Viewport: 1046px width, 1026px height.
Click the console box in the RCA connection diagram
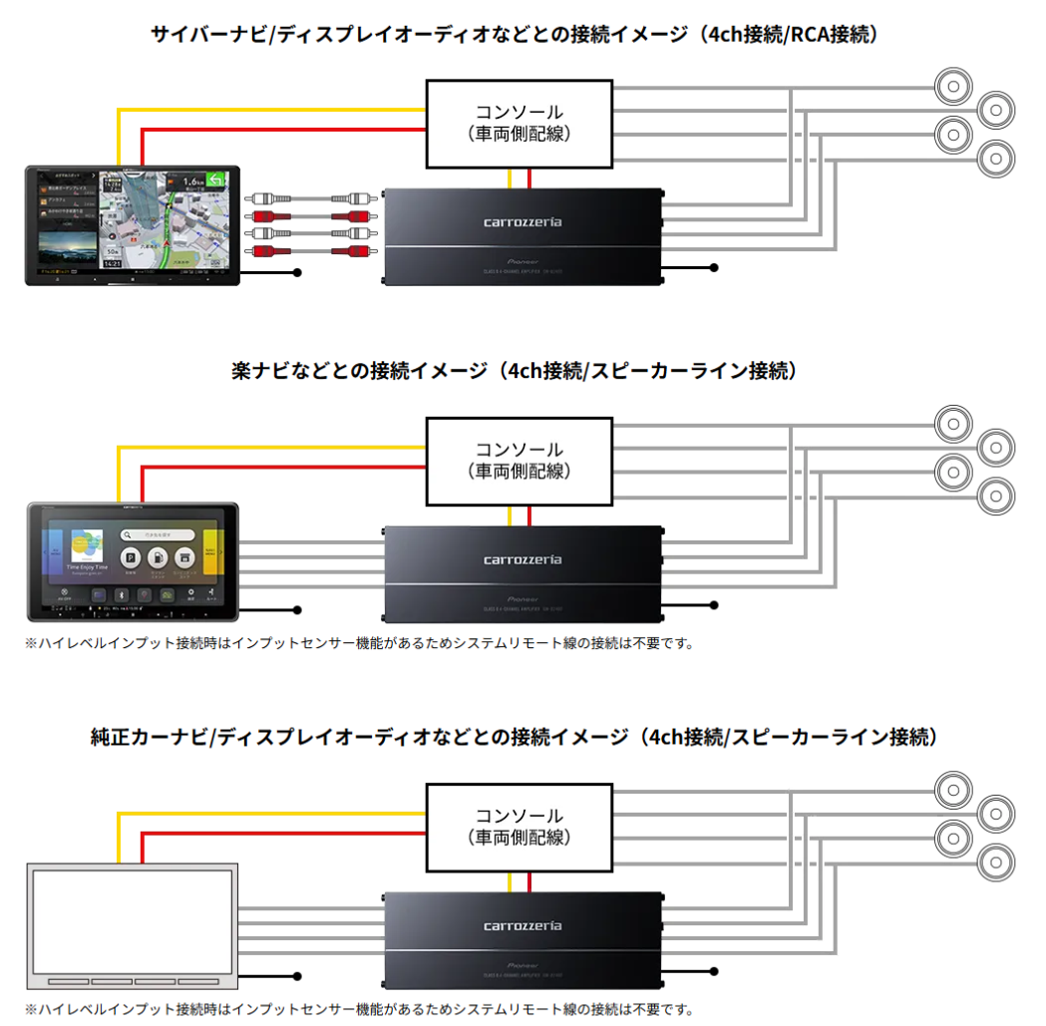(518, 123)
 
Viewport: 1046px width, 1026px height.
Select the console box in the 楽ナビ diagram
(518, 460)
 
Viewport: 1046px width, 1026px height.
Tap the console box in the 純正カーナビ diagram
(518, 826)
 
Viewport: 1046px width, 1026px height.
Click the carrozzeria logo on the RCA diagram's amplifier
(523, 221)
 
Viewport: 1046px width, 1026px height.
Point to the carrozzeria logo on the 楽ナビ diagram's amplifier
(523, 559)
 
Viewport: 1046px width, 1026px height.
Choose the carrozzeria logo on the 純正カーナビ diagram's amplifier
(523, 925)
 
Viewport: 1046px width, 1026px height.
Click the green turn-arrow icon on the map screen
(215, 180)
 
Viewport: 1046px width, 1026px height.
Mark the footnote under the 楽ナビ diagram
(359, 643)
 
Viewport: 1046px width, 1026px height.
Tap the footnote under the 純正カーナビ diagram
(359, 1009)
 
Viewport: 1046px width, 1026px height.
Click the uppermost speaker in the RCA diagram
(953, 87)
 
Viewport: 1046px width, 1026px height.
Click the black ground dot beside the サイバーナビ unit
(297, 271)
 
